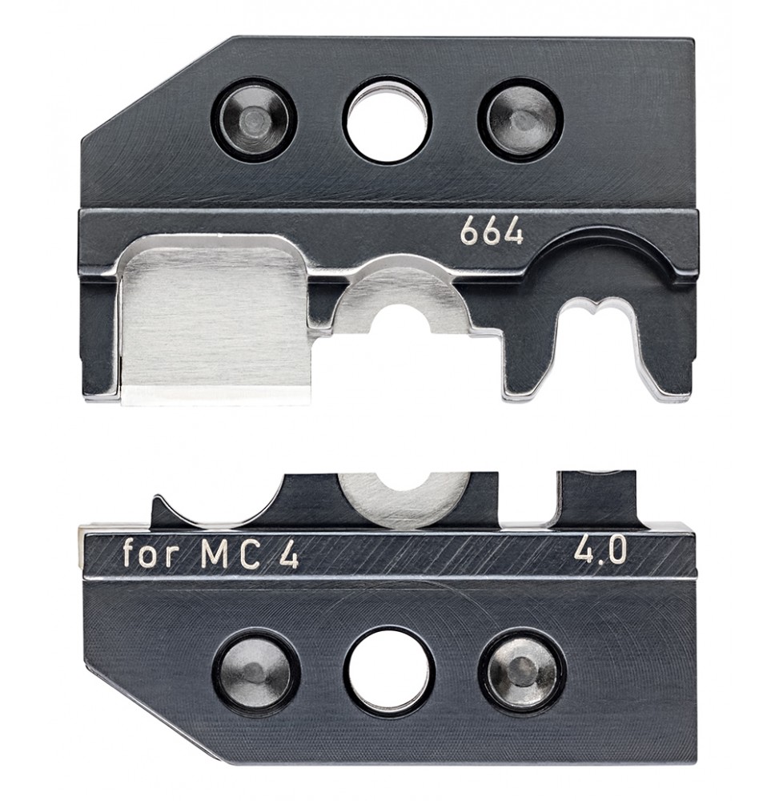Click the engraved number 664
pos(492,233)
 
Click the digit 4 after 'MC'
pos(287,555)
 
